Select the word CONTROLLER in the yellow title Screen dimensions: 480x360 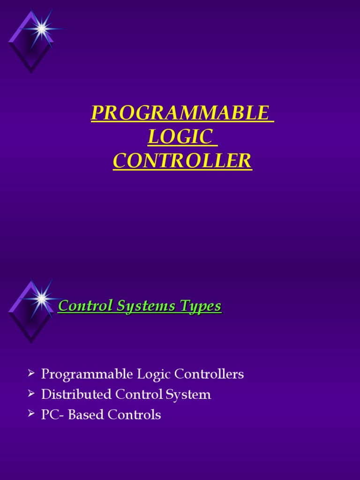pyautogui.click(x=182, y=161)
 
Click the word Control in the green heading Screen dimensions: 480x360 pyautogui.click(x=83, y=306)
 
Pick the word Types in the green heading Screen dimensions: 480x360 pyautogui.click(x=198, y=306)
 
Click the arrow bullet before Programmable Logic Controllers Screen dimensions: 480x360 pyautogui.click(x=31, y=373)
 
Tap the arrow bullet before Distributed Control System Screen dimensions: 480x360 pyautogui.click(x=31, y=393)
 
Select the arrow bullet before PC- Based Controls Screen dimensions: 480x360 pyautogui.click(x=31, y=413)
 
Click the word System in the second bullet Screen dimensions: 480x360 pyautogui.click(x=189, y=395)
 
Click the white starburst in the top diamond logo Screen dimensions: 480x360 pyautogui.click(x=41, y=29)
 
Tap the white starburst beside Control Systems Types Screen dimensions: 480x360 pyautogui.click(x=41, y=298)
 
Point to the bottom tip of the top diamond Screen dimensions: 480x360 pyautogui.click(x=31, y=72)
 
